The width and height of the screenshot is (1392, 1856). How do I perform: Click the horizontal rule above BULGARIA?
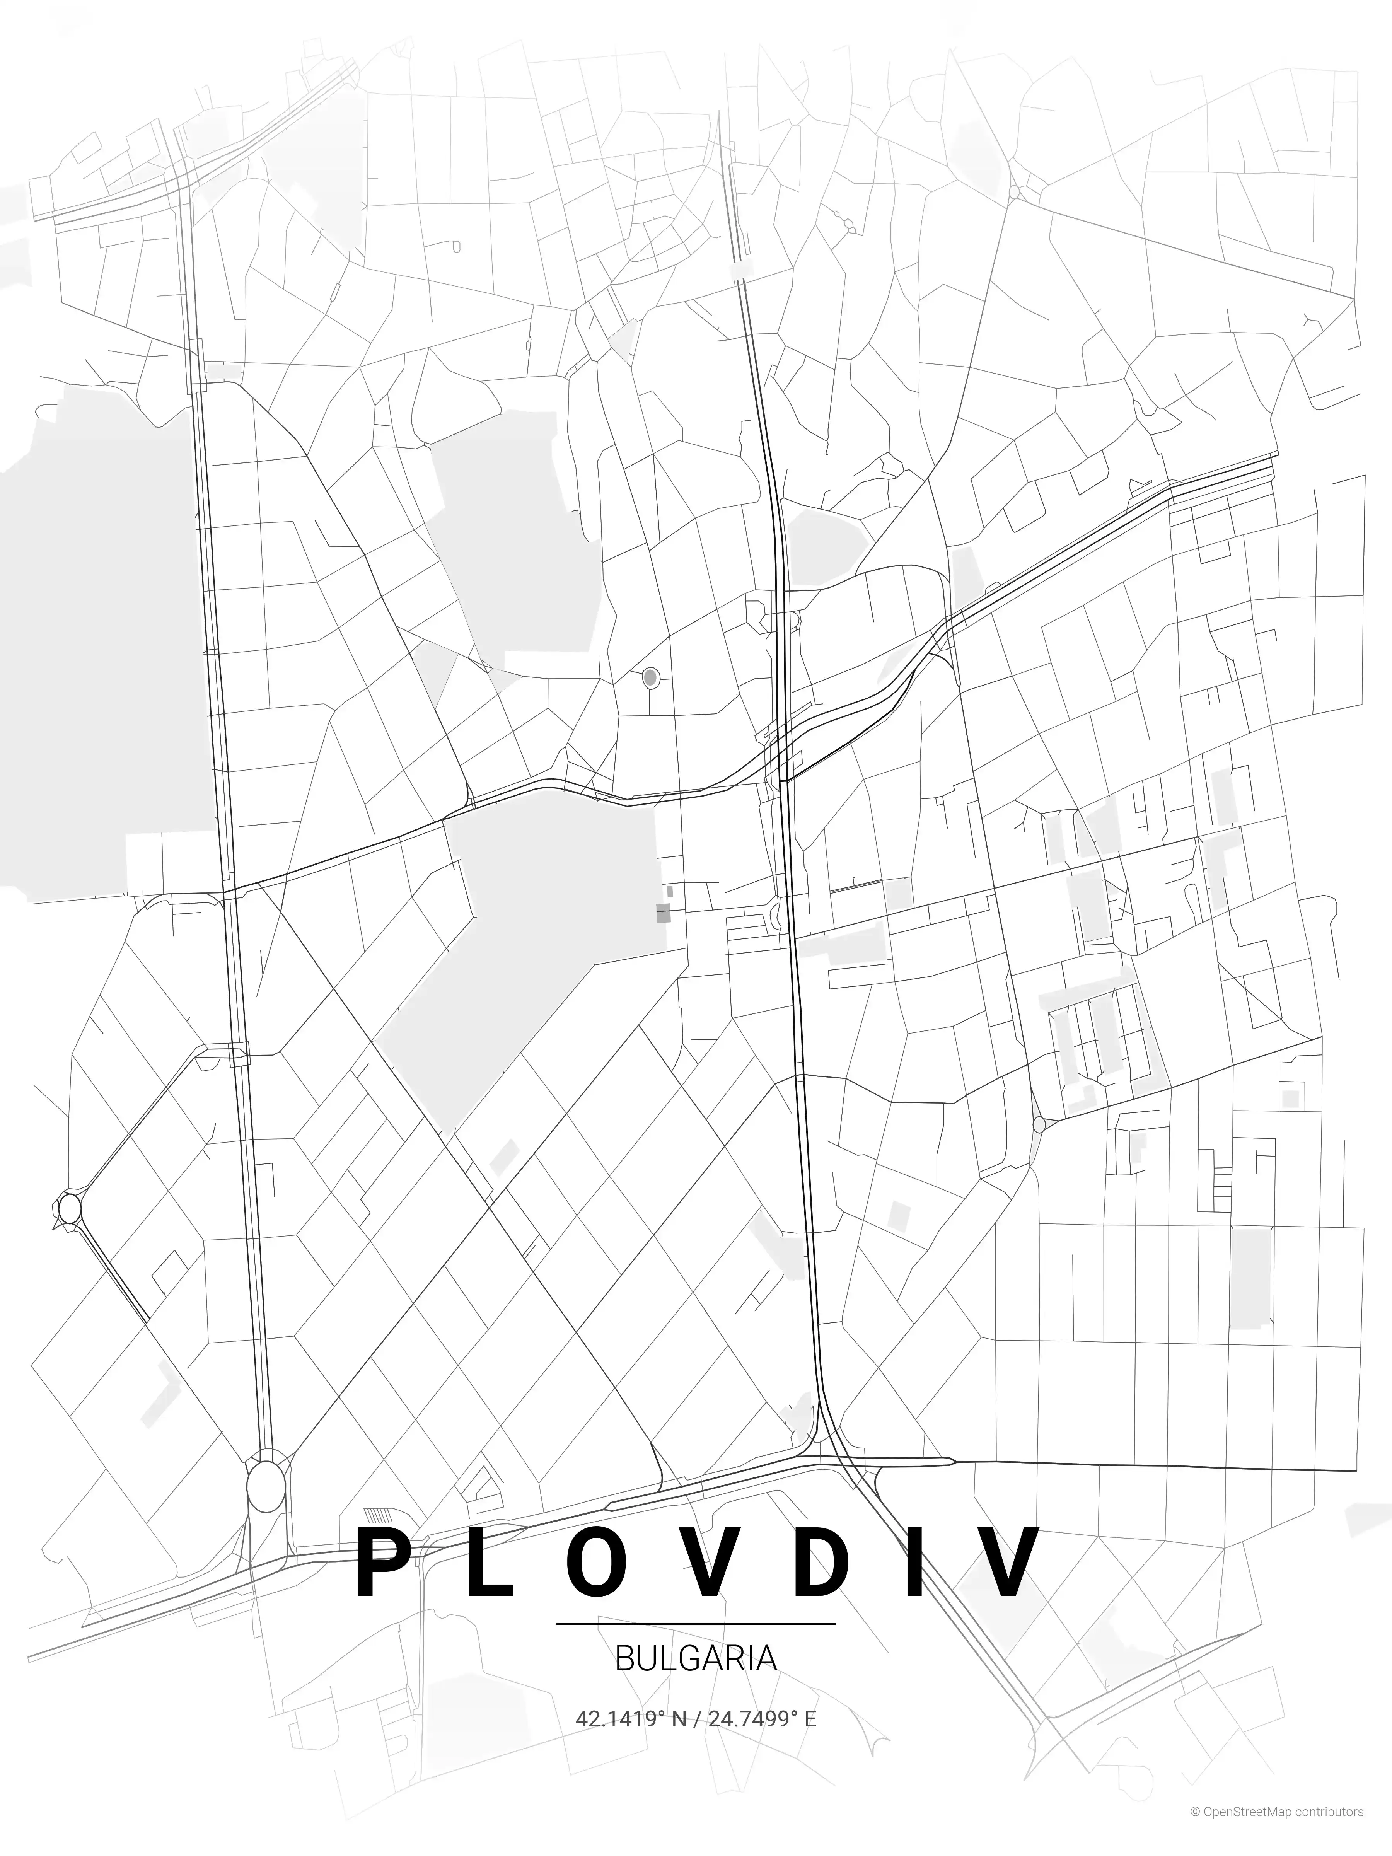pos(696,1624)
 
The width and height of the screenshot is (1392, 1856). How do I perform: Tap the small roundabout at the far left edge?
pos(69,1208)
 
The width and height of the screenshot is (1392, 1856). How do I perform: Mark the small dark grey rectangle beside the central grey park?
pos(663,914)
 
